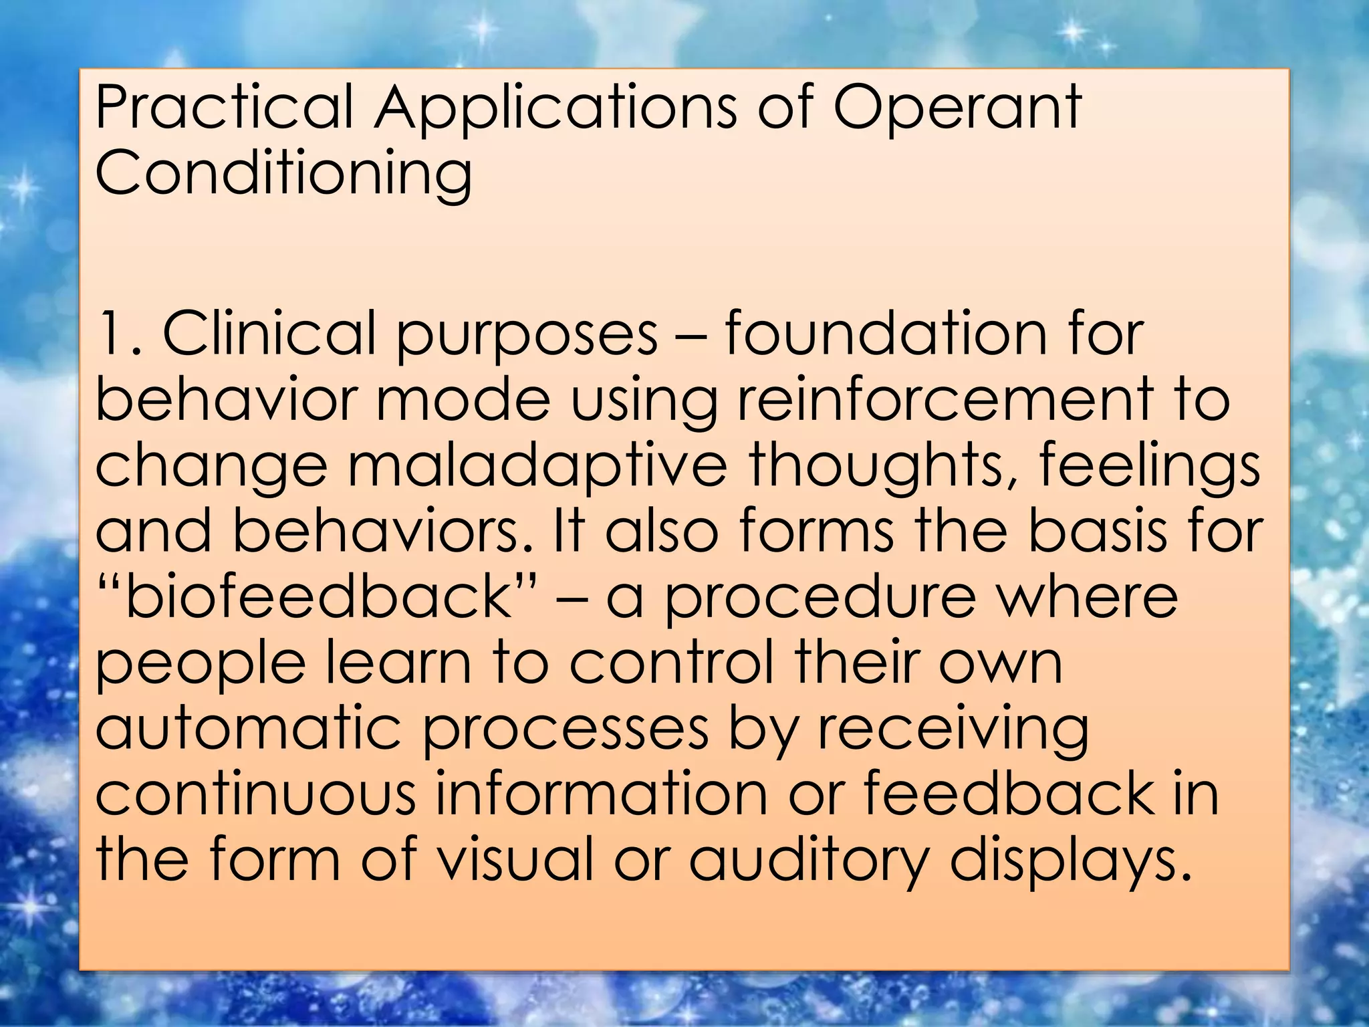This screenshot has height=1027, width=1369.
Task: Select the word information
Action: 602,794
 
